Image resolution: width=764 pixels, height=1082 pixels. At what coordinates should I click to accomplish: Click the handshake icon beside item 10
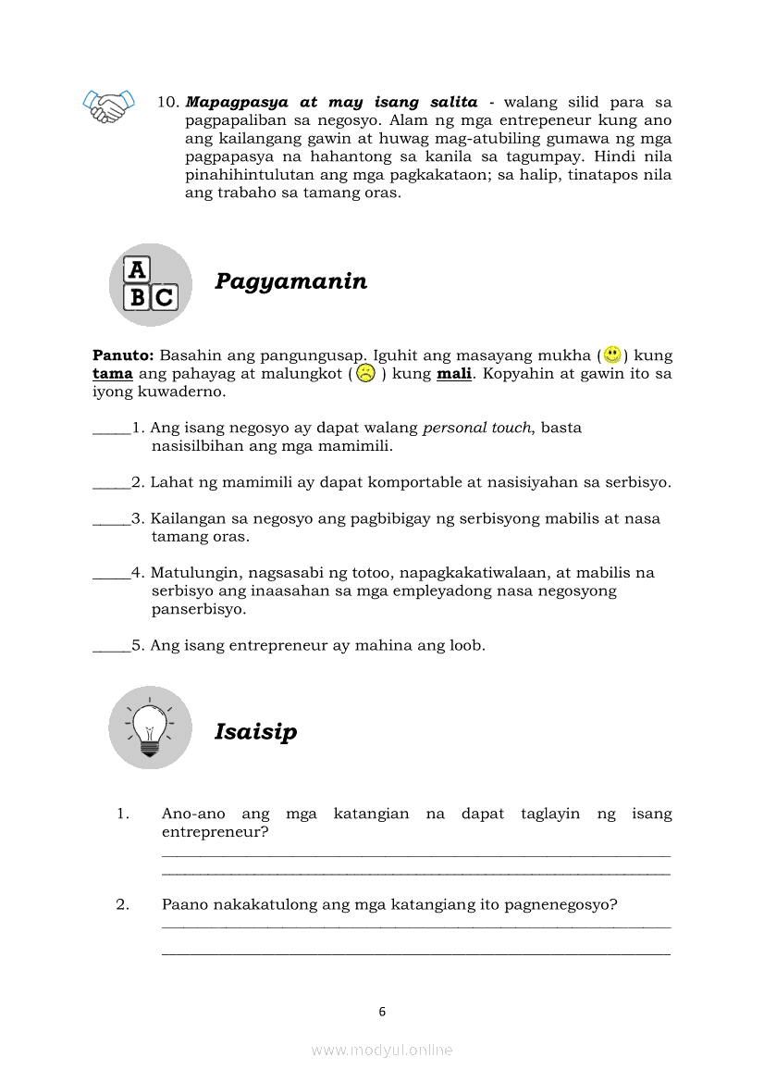(x=108, y=106)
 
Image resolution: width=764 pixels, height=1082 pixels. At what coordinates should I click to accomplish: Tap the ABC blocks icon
(x=150, y=284)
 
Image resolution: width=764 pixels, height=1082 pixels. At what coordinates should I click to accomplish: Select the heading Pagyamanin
(x=290, y=281)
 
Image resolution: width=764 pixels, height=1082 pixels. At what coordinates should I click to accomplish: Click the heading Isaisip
(x=256, y=732)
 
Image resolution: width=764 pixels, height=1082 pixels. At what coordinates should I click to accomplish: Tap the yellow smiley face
(x=611, y=354)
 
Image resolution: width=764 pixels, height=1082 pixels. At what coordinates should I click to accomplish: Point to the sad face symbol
(x=365, y=374)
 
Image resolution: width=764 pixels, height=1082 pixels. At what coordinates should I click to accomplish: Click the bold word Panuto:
(x=124, y=355)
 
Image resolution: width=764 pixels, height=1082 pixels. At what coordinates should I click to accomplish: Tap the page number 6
(x=382, y=1012)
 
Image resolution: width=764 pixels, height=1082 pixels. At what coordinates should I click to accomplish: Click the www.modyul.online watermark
(x=382, y=1050)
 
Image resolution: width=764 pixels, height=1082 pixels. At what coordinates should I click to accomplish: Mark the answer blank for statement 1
(x=111, y=429)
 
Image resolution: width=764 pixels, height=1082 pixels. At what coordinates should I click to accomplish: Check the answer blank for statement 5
(x=111, y=646)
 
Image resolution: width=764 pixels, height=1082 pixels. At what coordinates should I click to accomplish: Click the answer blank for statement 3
(x=111, y=519)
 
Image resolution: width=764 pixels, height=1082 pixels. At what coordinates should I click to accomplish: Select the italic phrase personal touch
(x=477, y=428)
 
